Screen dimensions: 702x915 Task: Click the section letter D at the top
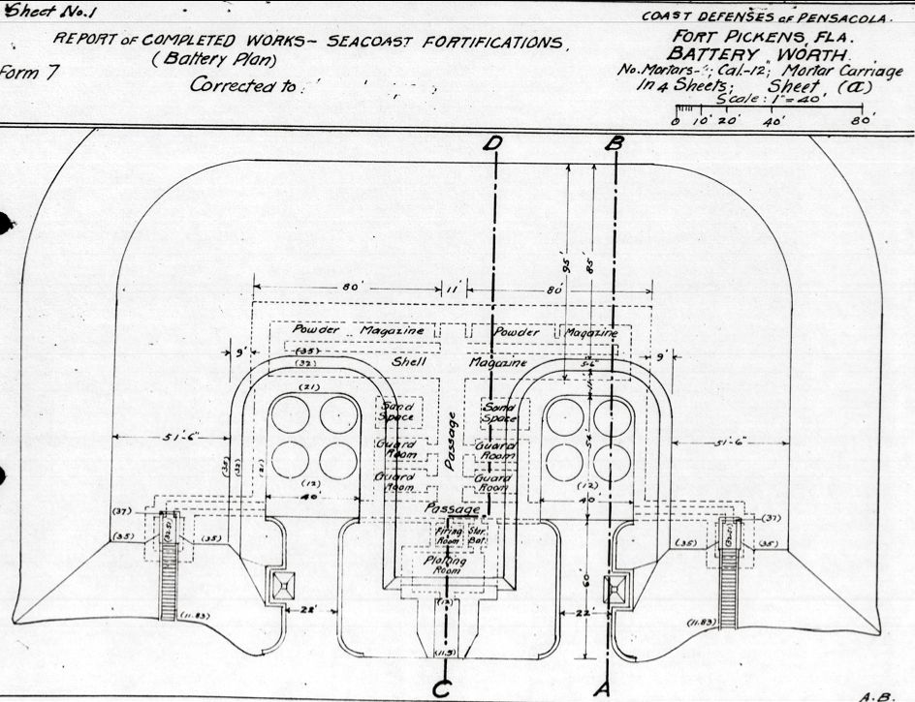point(495,144)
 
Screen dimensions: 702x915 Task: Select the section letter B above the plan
point(615,143)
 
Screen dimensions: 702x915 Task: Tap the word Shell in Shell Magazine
point(409,362)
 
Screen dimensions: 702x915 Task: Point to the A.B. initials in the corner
point(875,694)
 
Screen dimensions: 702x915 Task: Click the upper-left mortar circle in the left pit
point(289,414)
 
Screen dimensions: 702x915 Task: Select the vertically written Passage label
point(449,441)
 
